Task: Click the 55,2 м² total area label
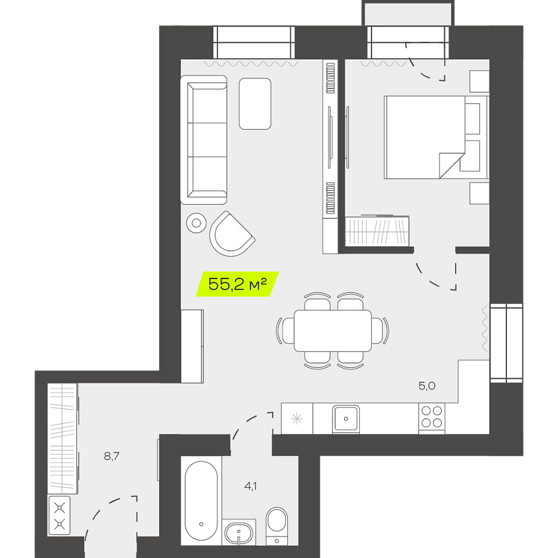(x=237, y=284)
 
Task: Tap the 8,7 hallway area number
(x=112, y=456)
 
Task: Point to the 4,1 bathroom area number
(x=251, y=486)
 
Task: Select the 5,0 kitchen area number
(x=427, y=386)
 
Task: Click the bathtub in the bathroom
(x=201, y=501)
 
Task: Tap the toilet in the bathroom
(x=277, y=527)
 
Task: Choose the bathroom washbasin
(x=239, y=533)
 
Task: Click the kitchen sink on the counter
(x=346, y=419)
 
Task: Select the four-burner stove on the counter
(x=432, y=417)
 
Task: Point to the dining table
(x=332, y=331)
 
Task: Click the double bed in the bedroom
(x=437, y=137)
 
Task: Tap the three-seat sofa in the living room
(x=203, y=139)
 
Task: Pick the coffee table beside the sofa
(x=255, y=103)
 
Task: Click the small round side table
(x=196, y=223)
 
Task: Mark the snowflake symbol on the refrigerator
(x=297, y=419)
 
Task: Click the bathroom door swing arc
(x=245, y=423)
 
